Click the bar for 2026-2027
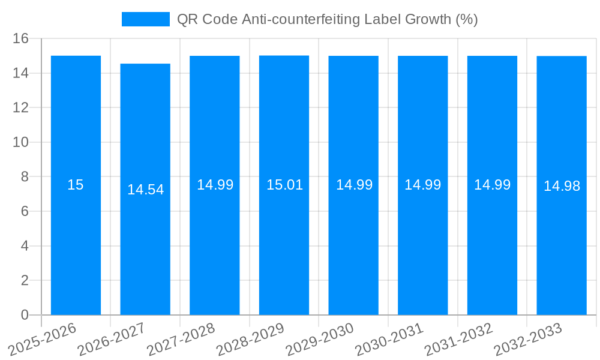point(145,252)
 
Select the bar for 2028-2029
point(284,252)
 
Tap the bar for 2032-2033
point(562,252)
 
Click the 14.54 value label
point(145,190)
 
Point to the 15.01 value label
point(284,185)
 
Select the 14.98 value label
point(562,186)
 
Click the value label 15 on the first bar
point(76,185)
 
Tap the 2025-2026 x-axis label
point(43,339)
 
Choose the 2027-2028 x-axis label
point(181,339)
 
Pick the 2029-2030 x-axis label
point(320,339)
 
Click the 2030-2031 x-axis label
point(389,339)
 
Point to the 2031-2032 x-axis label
point(459,339)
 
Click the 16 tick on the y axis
point(21,38)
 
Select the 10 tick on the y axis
point(21,142)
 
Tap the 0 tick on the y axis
point(25,315)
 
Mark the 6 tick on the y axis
point(25,211)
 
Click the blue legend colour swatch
point(146,19)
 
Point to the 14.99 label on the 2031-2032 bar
point(492,185)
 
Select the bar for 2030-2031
point(423,252)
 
